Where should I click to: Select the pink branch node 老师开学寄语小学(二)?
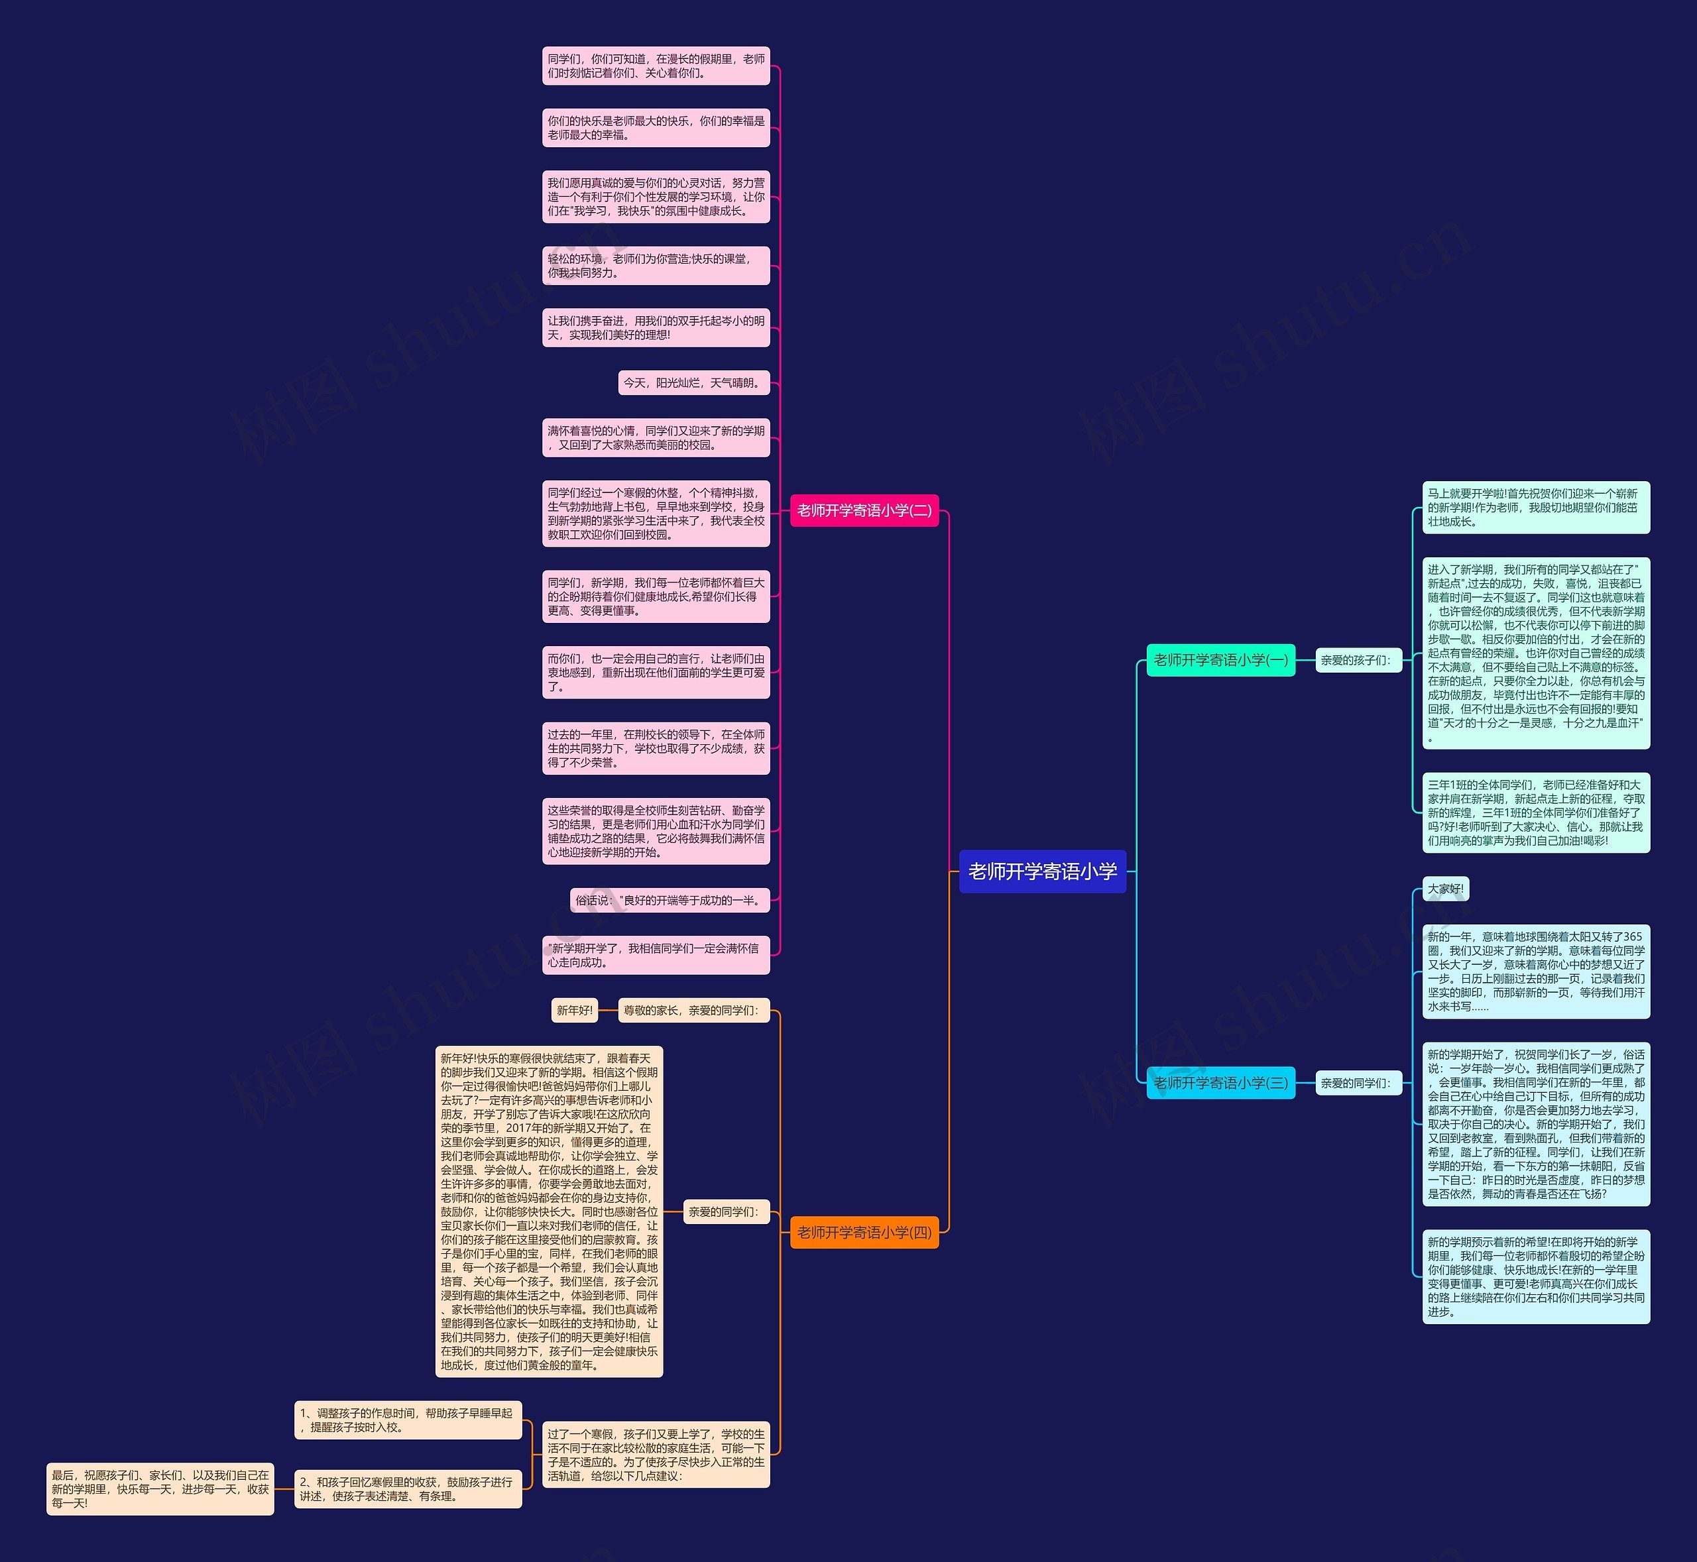(864, 510)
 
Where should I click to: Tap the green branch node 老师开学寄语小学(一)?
(1220, 660)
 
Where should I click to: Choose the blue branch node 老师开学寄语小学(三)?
(1220, 1083)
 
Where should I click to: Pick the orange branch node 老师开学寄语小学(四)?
(864, 1233)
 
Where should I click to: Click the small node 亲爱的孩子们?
(1358, 660)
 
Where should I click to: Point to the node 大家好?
(1445, 889)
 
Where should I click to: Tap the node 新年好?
(574, 1010)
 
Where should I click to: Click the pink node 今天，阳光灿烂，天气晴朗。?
(693, 383)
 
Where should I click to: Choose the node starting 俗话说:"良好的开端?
(670, 900)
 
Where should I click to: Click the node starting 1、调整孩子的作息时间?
(408, 1420)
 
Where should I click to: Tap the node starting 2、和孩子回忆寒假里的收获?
(408, 1489)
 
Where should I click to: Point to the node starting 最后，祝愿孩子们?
(160, 1489)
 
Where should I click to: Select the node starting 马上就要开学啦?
(1535, 507)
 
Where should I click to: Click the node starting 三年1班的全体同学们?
(1535, 812)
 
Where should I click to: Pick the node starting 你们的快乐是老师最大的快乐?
(656, 128)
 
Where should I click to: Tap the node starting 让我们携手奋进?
(656, 328)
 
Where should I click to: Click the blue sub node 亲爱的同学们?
(1358, 1083)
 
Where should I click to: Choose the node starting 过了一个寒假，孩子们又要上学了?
(656, 1455)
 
